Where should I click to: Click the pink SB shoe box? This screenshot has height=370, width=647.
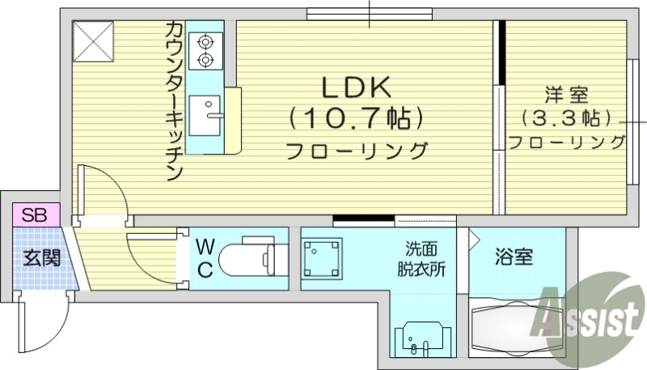click(x=34, y=215)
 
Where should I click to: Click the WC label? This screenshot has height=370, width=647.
click(x=205, y=258)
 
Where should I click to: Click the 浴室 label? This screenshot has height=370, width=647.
click(x=514, y=258)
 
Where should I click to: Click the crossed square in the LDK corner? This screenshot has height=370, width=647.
click(x=93, y=41)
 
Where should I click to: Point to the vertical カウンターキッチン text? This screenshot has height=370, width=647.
click(x=174, y=102)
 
